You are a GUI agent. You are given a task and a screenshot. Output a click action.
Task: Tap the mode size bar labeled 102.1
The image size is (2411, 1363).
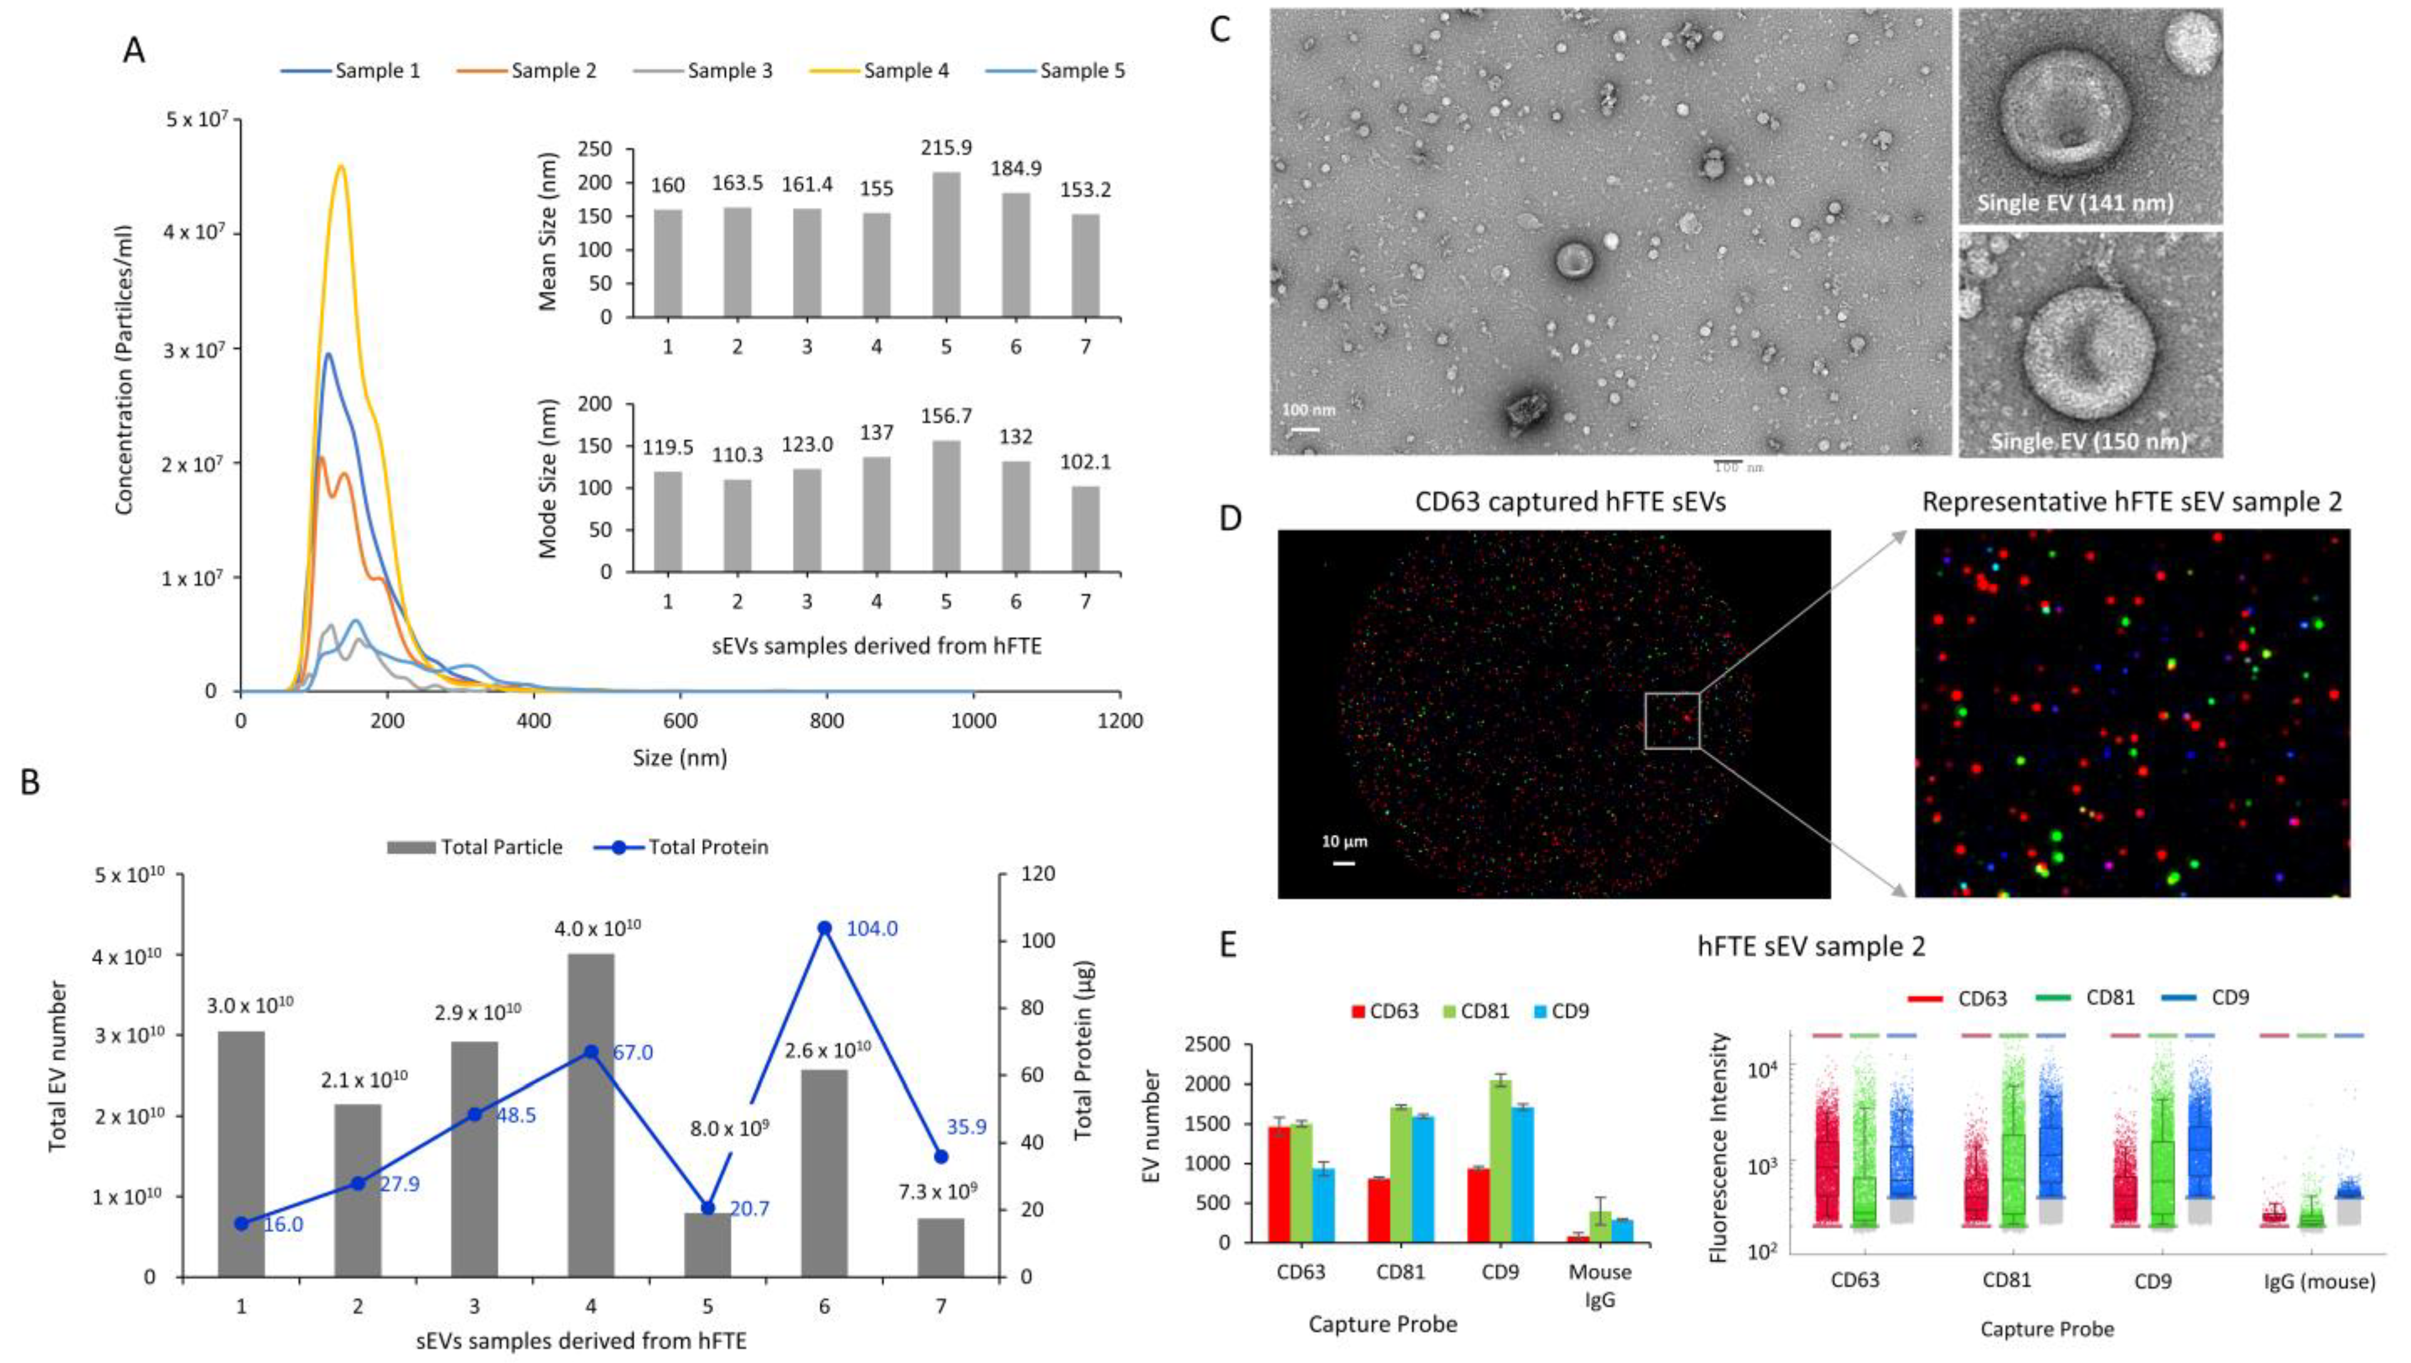coord(1085,529)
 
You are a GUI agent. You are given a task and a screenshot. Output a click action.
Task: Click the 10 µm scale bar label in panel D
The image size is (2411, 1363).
coord(1343,841)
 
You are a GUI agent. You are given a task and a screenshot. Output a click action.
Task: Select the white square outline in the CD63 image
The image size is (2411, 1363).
coord(1673,721)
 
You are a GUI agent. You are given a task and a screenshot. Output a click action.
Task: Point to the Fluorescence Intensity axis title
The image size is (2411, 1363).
coord(1718,1147)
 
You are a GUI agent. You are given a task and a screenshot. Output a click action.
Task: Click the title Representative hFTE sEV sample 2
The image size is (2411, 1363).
coord(2131,503)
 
